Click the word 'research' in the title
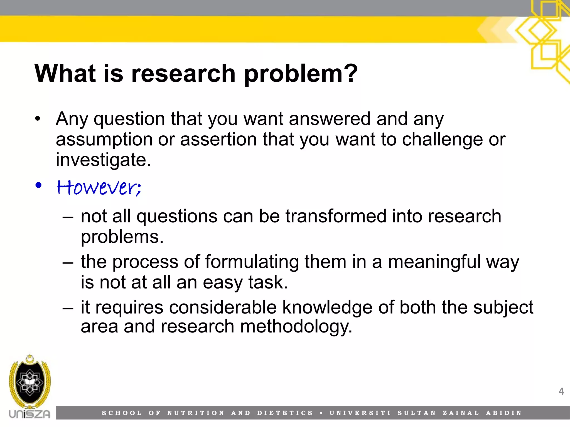click(183, 74)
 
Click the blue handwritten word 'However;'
click(99, 187)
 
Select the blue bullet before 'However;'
click(38, 185)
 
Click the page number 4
click(561, 391)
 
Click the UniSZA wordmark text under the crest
click(30, 414)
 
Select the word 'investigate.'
click(103, 160)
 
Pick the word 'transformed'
click(336, 216)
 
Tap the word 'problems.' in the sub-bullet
click(122, 237)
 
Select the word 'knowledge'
click(327, 307)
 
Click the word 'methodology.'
click(296, 327)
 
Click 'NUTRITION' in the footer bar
click(196, 413)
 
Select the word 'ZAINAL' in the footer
click(461, 413)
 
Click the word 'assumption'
click(104, 140)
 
